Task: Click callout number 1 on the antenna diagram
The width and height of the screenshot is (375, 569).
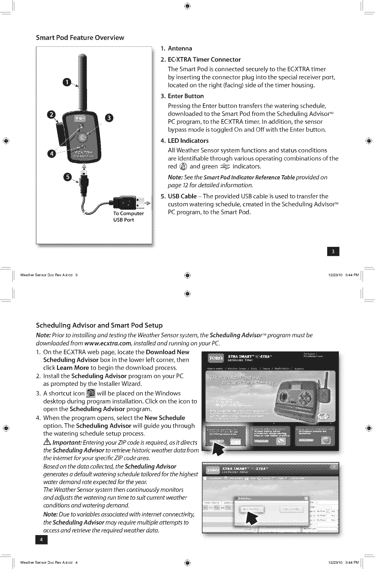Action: pos(66,83)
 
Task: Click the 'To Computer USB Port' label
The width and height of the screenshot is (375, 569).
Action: pos(128,217)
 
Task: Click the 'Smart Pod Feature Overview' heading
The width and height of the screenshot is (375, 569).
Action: pos(80,38)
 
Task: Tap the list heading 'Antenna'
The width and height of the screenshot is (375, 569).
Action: pos(180,49)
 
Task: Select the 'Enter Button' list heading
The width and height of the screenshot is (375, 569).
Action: pos(186,96)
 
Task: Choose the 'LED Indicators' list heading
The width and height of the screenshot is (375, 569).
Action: pos(188,141)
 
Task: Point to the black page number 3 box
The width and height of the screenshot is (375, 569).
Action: pos(334,251)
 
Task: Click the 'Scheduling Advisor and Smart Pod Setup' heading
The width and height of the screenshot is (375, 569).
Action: pos(99,325)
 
